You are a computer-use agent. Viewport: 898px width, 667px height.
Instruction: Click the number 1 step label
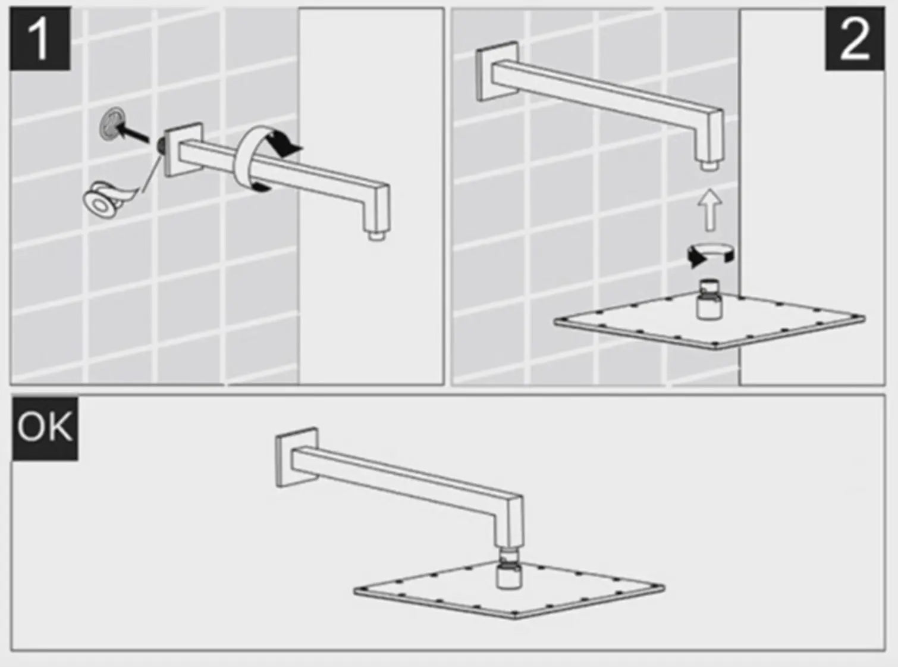coord(40,39)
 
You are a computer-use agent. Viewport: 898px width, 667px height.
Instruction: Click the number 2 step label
coord(855,39)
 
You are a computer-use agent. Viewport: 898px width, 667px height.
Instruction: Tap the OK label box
coord(45,429)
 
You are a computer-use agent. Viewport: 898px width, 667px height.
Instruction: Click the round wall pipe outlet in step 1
coord(113,124)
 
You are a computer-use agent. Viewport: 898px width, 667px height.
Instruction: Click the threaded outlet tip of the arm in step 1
coord(377,236)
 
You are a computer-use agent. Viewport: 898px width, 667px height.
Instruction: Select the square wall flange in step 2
coord(497,71)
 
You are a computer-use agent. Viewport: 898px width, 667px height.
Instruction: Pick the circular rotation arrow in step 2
coord(711,254)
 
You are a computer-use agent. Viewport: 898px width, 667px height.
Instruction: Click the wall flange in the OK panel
coord(296,458)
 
